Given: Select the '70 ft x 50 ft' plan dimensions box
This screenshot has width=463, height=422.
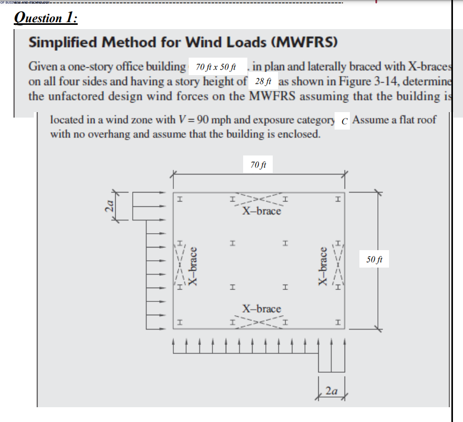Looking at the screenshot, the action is click(x=218, y=68).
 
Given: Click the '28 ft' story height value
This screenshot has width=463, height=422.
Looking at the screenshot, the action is click(x=262, y=81).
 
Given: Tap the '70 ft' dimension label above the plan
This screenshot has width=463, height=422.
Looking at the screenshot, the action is click(x=258, y=165).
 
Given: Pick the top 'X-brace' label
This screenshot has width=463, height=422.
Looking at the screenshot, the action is click(x=262, y=211).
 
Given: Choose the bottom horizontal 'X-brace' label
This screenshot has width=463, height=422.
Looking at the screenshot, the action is click(x=262, y=308).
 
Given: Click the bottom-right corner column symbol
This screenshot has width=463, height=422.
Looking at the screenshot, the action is click(x=338, y=322).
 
